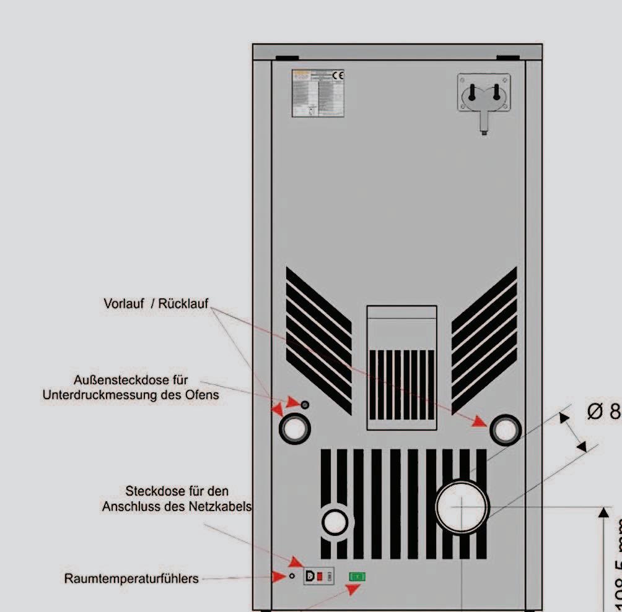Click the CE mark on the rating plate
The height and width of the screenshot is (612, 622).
click(x=338, y=75)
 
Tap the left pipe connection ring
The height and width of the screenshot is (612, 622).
click(x=294, y=428)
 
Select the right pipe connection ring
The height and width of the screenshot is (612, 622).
click(x=506, y=429)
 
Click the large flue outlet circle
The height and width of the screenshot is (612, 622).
click(x=462, y=506)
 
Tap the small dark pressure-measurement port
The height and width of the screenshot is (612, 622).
click(x=304, y=405)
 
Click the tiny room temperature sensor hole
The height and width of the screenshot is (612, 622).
click(x=292, y=576)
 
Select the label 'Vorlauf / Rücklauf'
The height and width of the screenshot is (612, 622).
click(x=155, y=304)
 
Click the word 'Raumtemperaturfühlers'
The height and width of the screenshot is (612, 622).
click(x=131, y=579)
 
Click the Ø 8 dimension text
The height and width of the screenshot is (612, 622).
click(x=603, y=412)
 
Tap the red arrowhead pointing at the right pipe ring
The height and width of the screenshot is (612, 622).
click(x=480, y=421)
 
